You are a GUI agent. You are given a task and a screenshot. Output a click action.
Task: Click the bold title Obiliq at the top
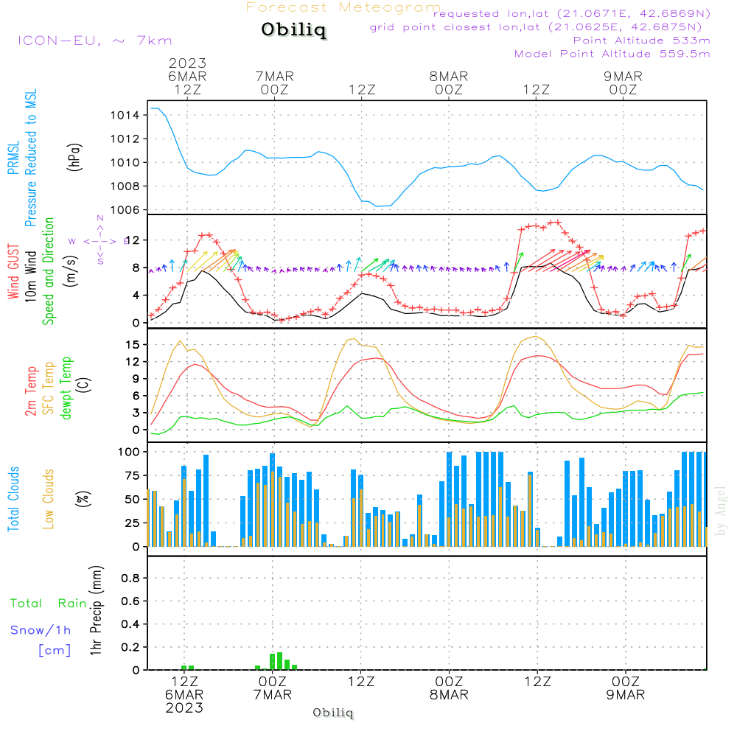293,30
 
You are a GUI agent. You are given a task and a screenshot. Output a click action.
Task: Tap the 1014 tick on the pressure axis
125,115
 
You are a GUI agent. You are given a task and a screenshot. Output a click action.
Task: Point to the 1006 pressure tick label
125,209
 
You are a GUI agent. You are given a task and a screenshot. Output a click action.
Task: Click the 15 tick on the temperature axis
133,344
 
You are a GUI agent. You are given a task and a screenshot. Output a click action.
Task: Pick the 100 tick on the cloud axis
130,451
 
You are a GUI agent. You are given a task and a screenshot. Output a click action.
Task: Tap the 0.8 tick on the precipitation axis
130,578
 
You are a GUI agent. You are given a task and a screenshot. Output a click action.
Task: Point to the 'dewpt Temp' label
67,388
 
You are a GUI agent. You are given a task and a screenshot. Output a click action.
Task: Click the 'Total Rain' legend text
49,603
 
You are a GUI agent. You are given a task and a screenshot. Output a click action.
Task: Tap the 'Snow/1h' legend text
41,630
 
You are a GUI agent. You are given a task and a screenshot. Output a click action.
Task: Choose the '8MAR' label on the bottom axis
449,695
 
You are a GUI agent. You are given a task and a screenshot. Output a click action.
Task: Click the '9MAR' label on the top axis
624,76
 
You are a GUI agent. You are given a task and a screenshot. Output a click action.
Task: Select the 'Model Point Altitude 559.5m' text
612,54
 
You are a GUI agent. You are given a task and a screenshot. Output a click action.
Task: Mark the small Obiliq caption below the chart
333,713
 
